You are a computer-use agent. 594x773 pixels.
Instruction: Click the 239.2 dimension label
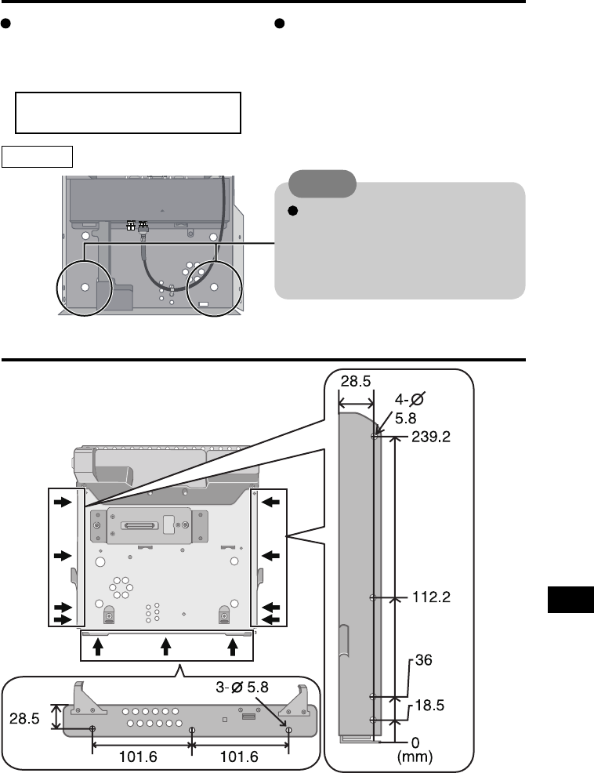431,437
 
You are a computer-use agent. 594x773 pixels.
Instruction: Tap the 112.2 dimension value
431,597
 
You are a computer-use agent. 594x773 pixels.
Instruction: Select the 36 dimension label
423,659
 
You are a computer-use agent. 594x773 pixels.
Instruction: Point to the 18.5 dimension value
429,705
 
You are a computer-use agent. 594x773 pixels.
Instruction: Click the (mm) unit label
415,757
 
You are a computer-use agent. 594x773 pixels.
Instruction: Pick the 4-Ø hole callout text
410,399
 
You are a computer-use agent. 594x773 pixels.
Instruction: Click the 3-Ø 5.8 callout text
242,687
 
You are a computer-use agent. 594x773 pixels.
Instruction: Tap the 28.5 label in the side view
356,381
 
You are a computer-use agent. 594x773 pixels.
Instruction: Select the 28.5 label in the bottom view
24,719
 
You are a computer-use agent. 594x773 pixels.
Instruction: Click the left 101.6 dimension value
138,757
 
